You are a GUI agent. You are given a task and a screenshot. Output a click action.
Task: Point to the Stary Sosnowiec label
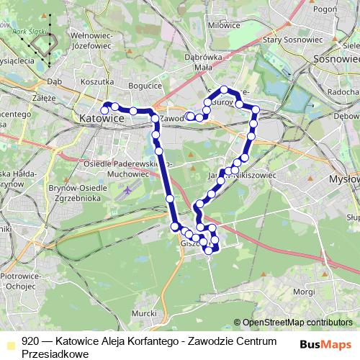(x=292, y=40)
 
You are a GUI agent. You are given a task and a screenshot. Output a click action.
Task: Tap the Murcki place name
(x=145, y=313)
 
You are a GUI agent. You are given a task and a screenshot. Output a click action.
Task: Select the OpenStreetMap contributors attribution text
(x=297, y=322)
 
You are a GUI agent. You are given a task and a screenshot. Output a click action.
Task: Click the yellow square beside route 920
(x=9, y=343)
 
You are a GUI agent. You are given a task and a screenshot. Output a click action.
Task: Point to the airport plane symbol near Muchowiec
(x=127, y=191)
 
